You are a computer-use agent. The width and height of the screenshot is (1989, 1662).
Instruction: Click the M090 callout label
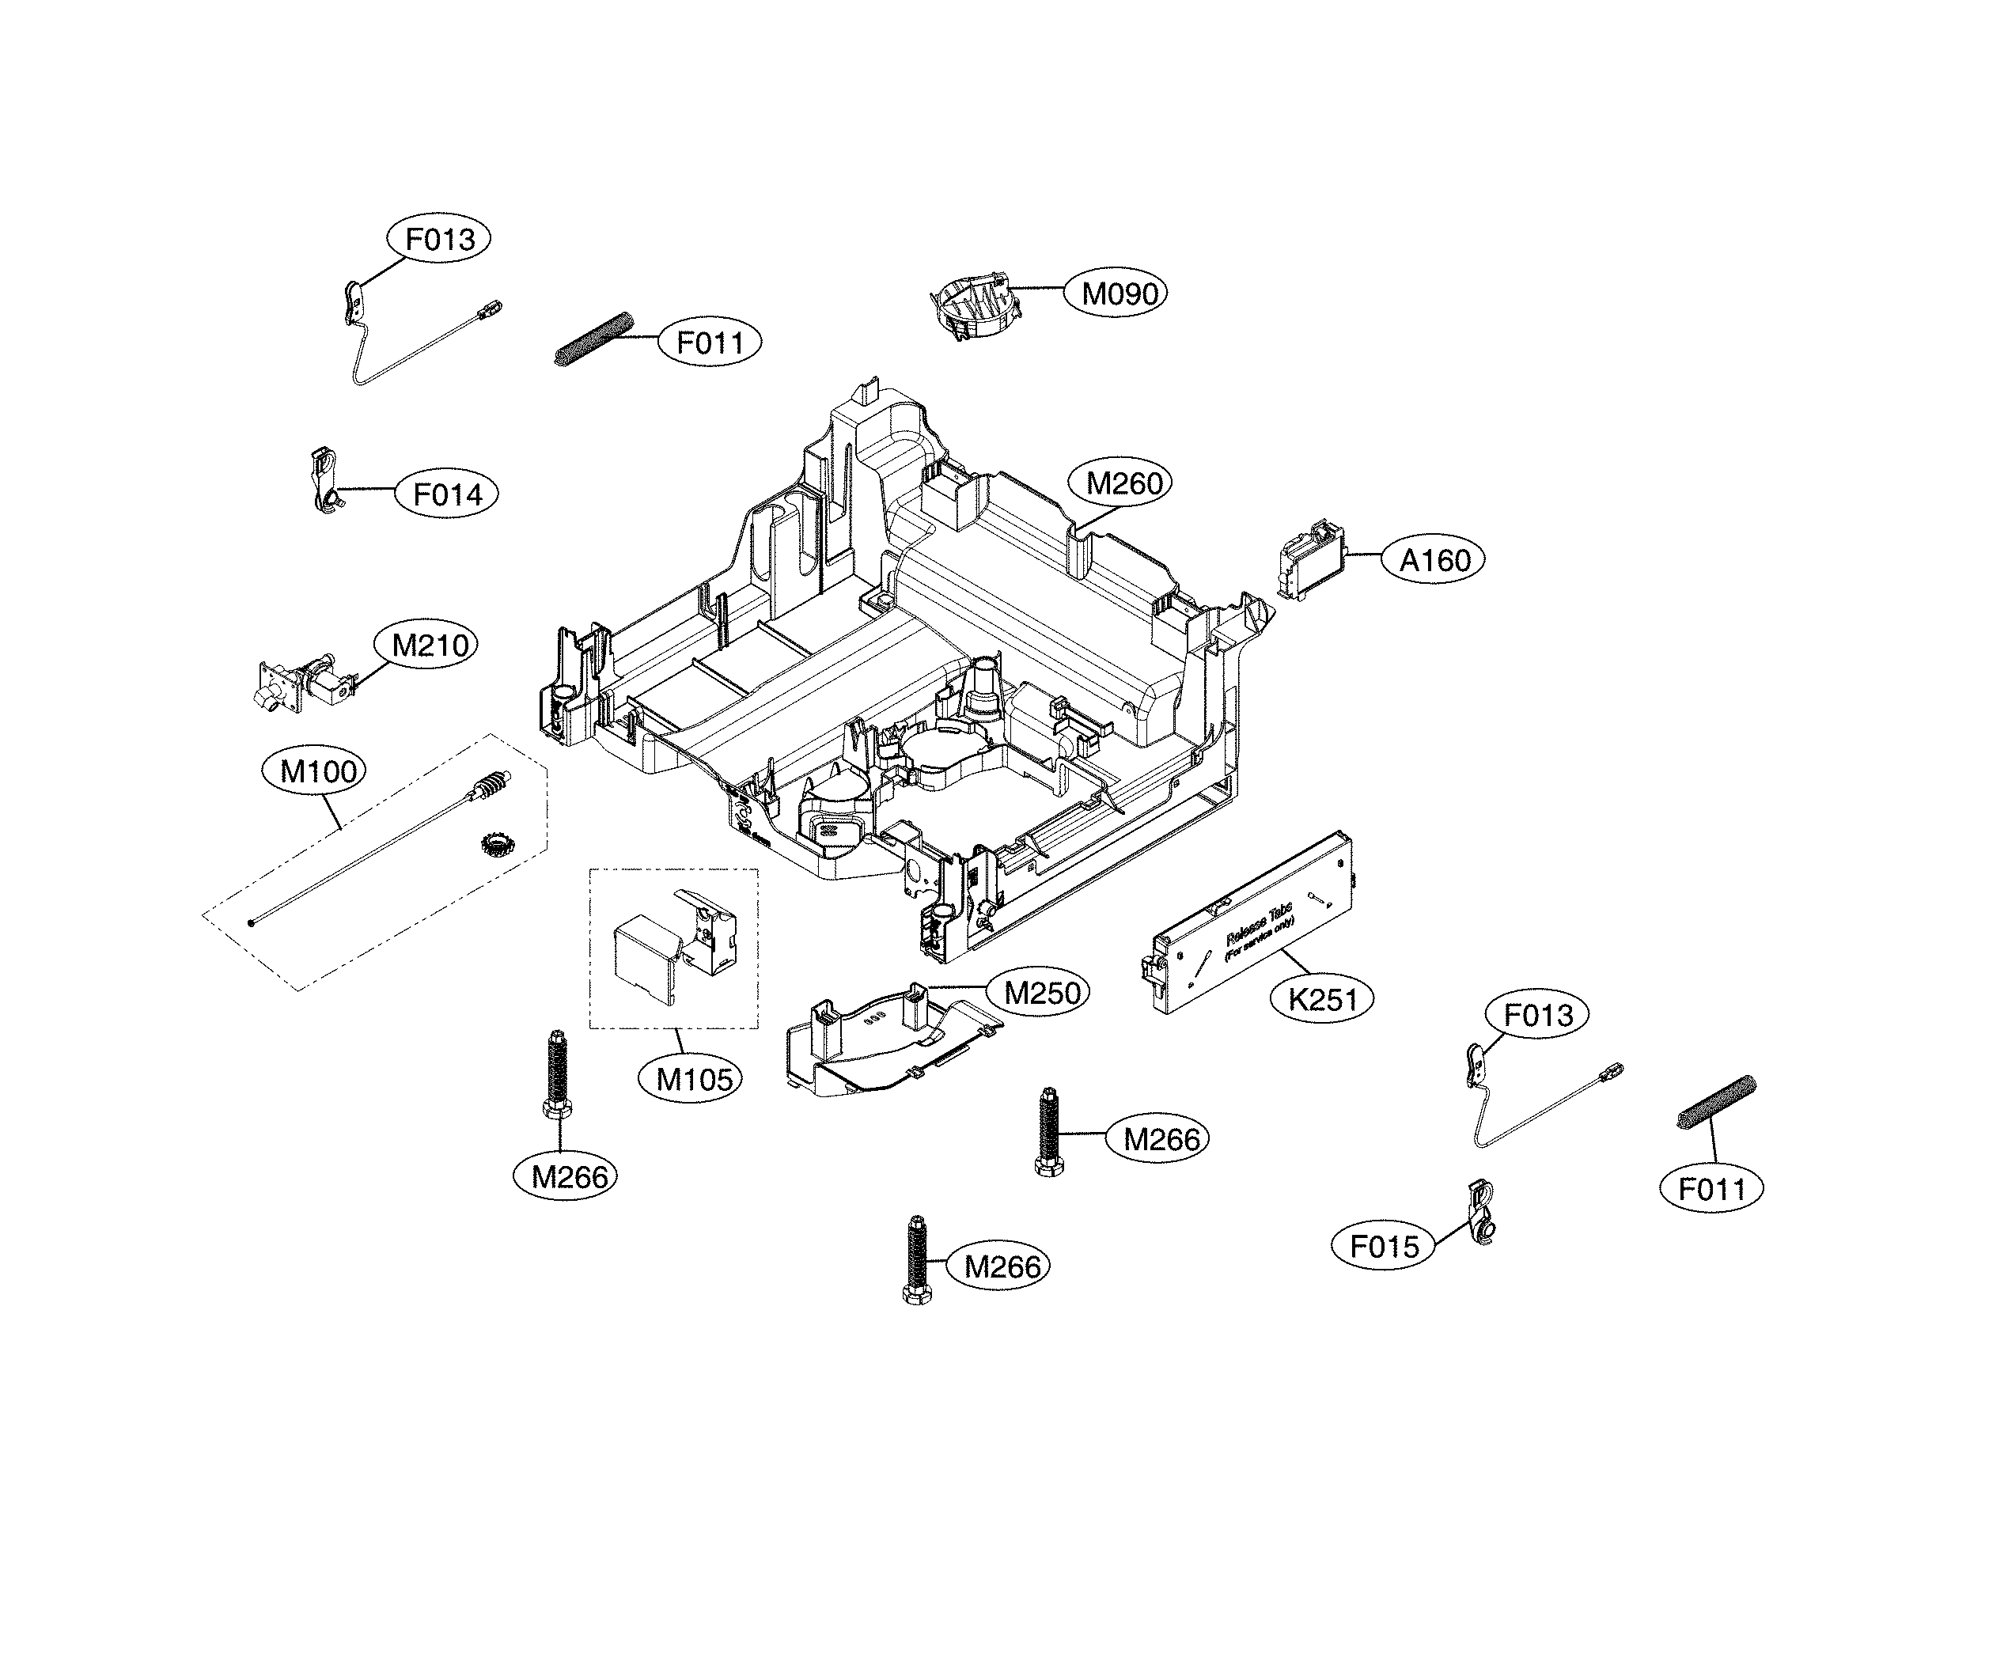click(1120, 293)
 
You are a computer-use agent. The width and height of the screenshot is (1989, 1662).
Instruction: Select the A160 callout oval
click(1435, 561)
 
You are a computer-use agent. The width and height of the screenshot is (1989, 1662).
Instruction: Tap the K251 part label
click(1323, 999)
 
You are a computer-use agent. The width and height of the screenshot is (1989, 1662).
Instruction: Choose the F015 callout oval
click(1384, 1246)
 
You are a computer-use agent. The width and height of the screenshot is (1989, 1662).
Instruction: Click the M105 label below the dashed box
click(695, 1079)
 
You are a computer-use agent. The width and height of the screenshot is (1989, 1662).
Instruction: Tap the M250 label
click(1042, 993)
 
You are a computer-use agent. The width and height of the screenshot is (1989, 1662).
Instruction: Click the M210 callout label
click(430, 645)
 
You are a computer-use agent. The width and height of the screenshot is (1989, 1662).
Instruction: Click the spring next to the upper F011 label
click(594, 338)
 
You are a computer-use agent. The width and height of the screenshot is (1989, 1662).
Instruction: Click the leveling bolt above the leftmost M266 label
click(557, 1074)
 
